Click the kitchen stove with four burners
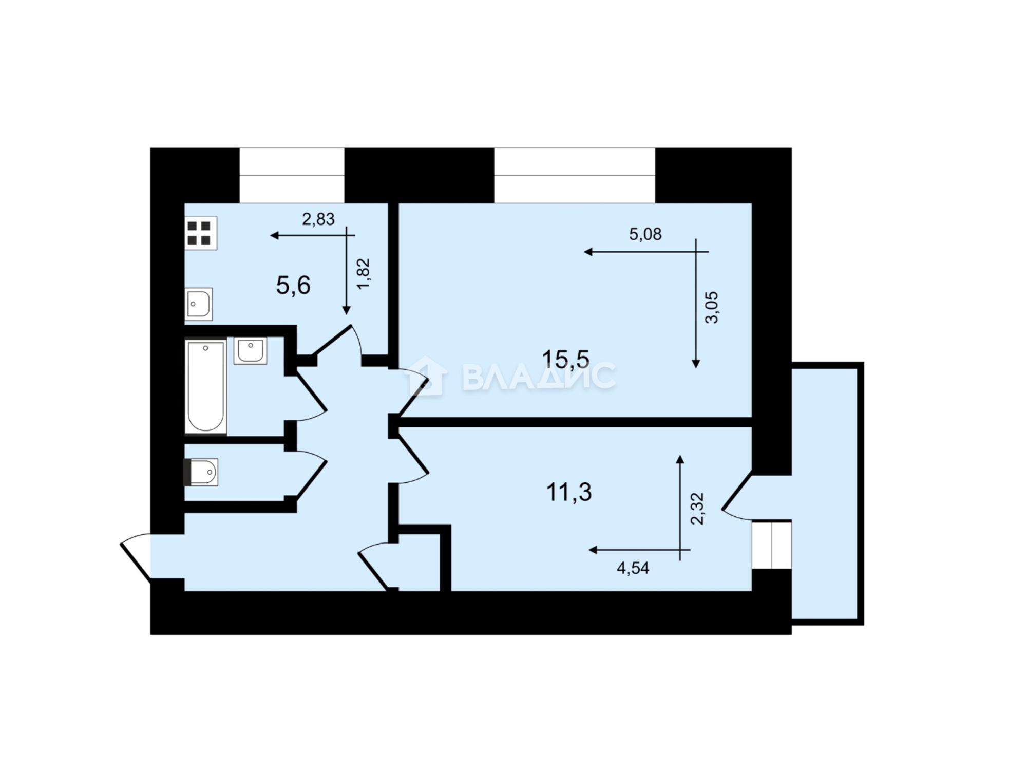(x=201, y=233)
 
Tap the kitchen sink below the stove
(x=198, y=304)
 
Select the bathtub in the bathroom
(x=205, y=386)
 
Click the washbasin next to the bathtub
(x=250, y=350)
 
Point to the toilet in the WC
(x=201, y=472)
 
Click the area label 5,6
(x=293, y=285)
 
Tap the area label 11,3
(x=569, y=492)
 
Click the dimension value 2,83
(x=318, y=219)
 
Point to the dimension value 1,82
(x=363, y=274)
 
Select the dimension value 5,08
(x=645, y=234)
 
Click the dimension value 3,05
(x=712, y=307)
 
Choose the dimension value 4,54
(x=633, y=568)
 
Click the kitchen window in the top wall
(x=292, y=176)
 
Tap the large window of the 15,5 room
(x=575, y=176)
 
